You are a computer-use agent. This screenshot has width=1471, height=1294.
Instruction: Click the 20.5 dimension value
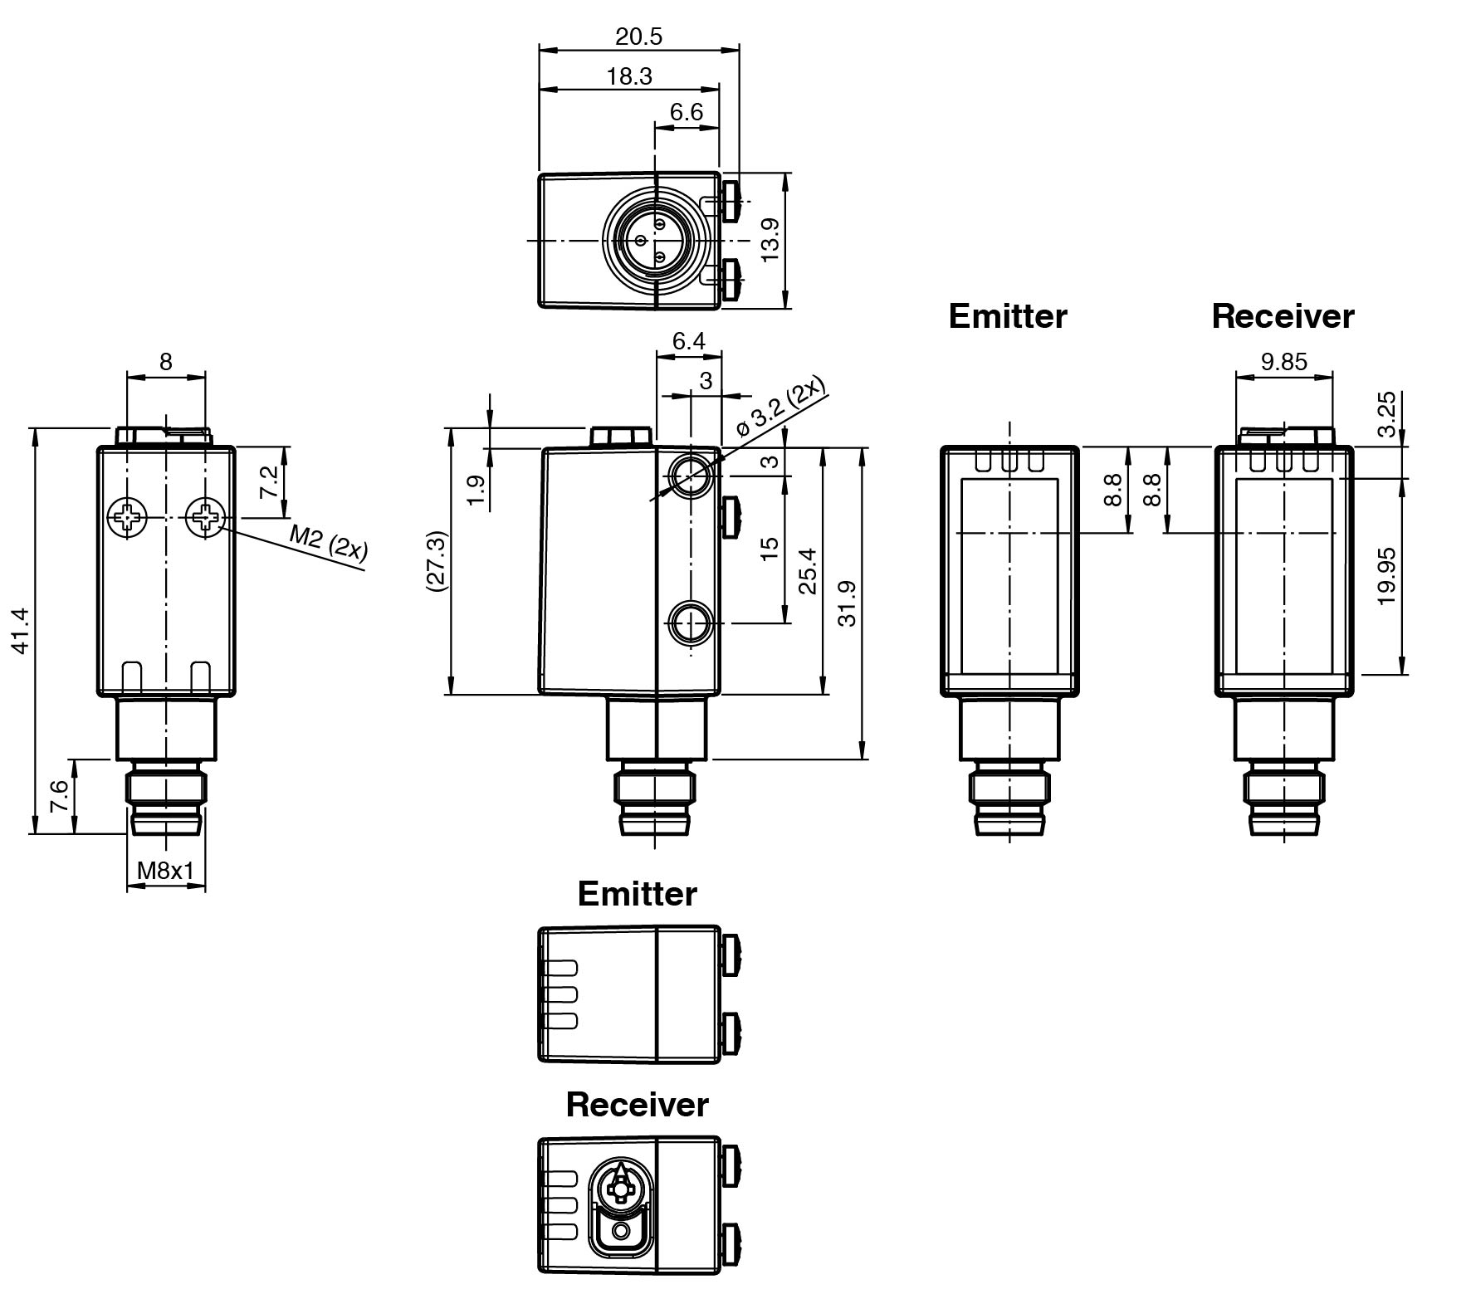pyautogui.click(x=638, y=37)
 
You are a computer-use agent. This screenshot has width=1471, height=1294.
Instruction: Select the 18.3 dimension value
pyautogui.click(x=629, y=76)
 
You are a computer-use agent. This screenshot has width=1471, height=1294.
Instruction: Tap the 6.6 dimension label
pyautogui.click(x=687, y=112)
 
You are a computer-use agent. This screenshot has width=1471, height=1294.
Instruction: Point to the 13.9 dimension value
pyautogui.click(x=770, y=240)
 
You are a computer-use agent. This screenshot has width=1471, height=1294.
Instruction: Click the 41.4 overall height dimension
pyautogui.click(x=21, y=631)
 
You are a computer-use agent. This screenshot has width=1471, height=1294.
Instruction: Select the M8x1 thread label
pyautogui.click(x=165, y=871)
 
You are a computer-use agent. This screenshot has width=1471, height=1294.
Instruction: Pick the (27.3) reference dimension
pyautogui.click(x=437, y=561)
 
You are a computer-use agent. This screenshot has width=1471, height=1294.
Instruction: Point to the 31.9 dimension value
pyautogui.click(x=846, y=603)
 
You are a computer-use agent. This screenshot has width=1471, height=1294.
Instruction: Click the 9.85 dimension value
pyautogui.click(x=1283, y=362)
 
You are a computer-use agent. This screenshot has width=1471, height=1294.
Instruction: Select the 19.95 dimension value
pyautogui.click(x=1386, y=576)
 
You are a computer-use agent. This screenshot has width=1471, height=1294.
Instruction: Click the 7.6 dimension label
pyautogui.click(x=58, y=797)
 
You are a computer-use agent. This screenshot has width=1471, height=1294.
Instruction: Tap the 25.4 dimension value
pyautogui.click(x=808, y=571)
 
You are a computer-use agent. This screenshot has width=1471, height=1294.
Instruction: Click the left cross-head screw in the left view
pyautogui.click(x=127, y=518)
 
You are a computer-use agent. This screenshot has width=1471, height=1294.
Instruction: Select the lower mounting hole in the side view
pyautogui.click(x=689, y=623)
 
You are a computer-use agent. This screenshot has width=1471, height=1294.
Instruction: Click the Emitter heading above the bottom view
pyautogui.click(x=637, y=894)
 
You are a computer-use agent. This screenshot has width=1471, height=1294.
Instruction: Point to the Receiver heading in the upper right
pyautogui.click(x=1283, y=316)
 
